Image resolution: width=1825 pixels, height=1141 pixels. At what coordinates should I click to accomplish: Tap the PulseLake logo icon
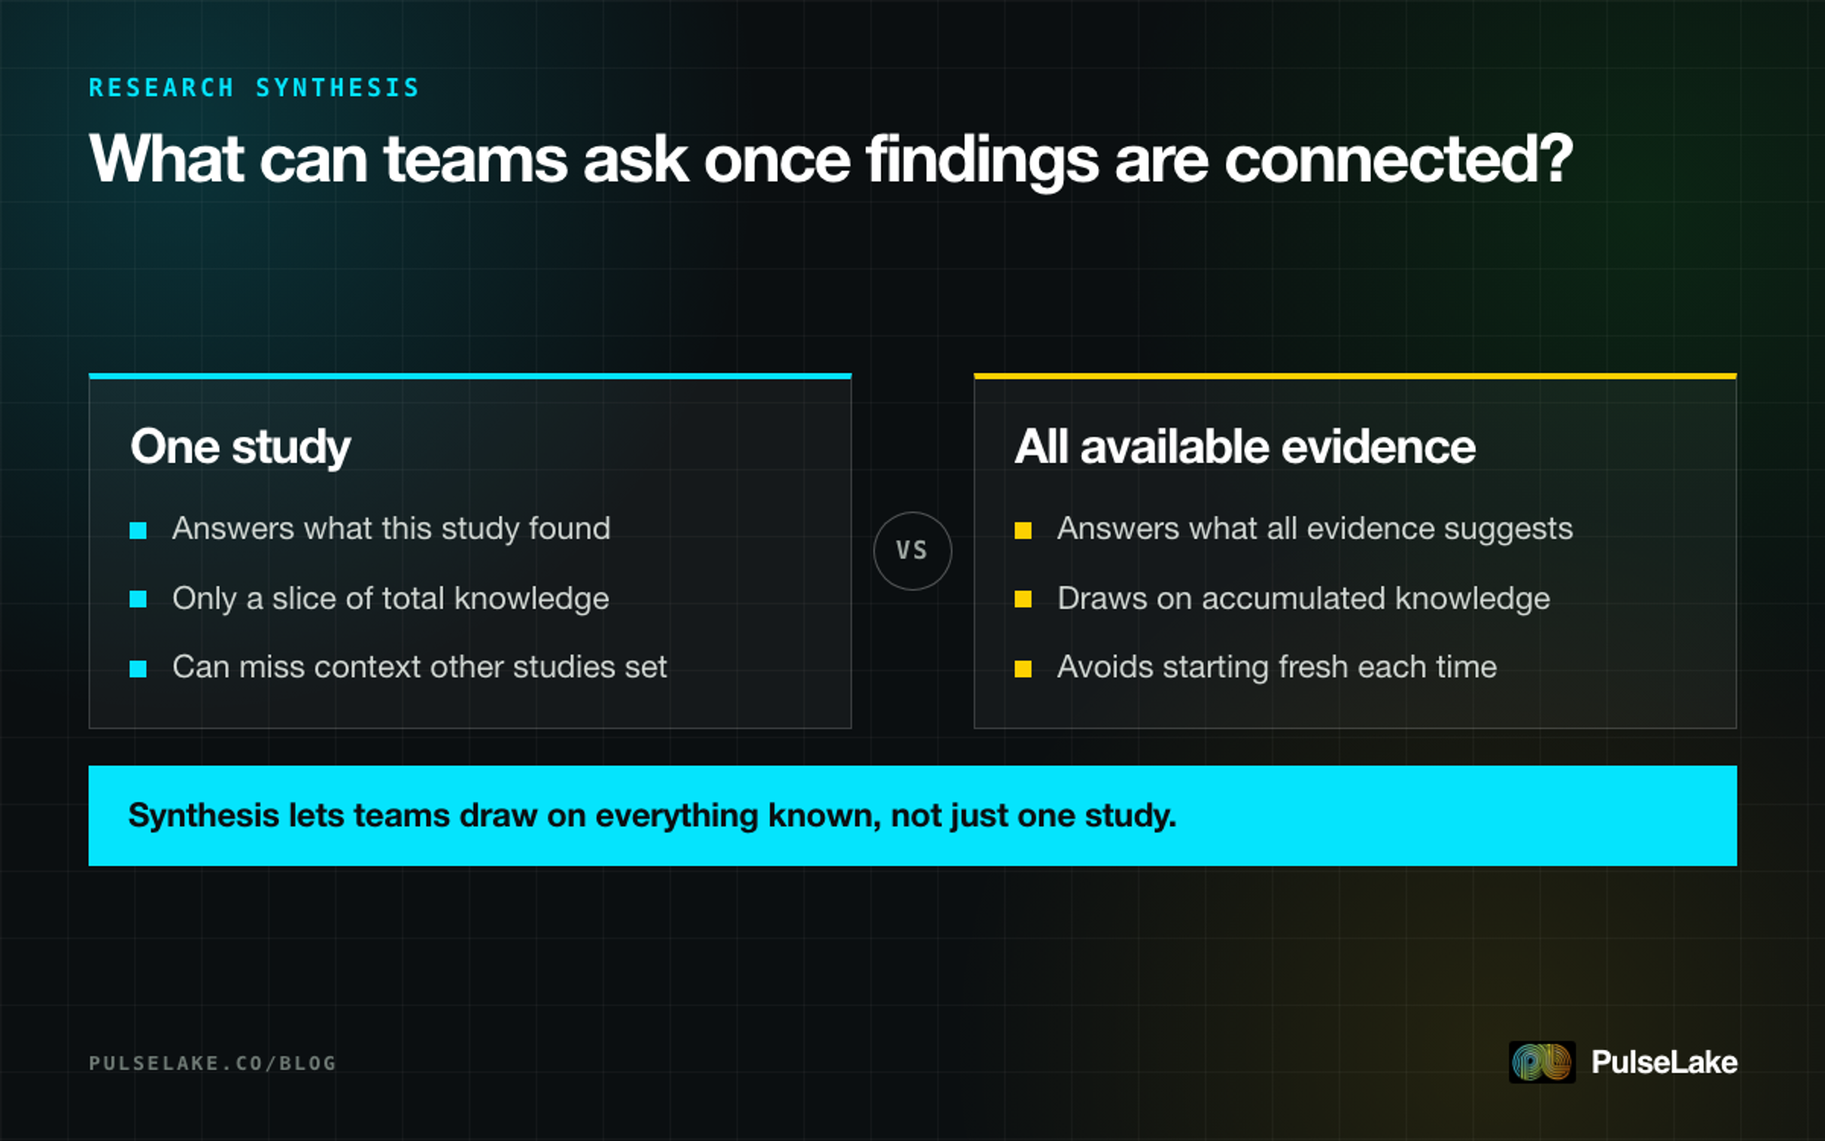tap(1542, 1062)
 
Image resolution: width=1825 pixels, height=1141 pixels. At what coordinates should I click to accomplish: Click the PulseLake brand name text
tap(1664, 1062)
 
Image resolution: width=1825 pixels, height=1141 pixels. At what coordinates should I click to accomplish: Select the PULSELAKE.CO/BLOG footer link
tap(212, 1063)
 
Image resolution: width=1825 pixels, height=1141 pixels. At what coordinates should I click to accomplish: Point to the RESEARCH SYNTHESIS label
tap(254, 87)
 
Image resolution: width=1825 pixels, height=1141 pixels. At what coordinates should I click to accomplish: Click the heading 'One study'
tap(240, 447)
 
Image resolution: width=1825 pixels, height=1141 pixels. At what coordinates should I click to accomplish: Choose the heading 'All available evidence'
tap(1245, 446)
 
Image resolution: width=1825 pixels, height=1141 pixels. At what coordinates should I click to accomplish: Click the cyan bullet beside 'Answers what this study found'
tap(138, 530)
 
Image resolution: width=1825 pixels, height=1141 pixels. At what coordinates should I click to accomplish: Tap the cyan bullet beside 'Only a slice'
tap(138, 599)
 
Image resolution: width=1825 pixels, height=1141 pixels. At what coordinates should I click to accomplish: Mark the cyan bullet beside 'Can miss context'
tap(138, 669)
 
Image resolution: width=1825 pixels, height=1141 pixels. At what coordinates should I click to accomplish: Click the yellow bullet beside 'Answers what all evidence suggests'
tap(1024, 530)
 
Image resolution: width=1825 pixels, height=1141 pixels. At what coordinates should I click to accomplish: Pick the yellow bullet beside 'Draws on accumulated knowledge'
tap(1024, 599)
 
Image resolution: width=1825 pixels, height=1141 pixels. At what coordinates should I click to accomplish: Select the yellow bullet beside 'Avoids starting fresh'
tap(1024, 669)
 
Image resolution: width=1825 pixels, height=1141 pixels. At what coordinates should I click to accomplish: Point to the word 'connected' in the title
tap(1381, 159)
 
